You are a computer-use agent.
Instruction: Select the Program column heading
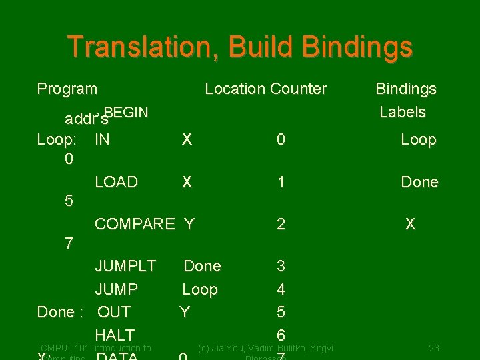point(67,89)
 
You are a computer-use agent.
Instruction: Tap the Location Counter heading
point(265,89)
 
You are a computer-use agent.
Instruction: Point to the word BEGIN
point(126,111)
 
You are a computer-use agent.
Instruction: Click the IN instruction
point(103,139)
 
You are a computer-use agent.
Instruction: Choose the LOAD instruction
point(116,182)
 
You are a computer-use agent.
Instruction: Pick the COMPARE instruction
point(134,224)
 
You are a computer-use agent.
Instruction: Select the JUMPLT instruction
point(125,266)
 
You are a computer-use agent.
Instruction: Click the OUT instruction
point(114,312)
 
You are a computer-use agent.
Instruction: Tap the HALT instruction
point(115,335)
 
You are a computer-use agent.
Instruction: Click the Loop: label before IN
point(57,139)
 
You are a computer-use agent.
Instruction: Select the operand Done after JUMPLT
point(202,266)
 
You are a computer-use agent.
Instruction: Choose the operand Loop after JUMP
point(200,289)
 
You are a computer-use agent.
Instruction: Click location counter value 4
point(281,289)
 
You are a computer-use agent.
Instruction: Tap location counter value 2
point(281,224)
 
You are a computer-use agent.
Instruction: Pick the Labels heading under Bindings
point(402,112)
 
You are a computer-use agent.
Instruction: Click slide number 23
point(433,347)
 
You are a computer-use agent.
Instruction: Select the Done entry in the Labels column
point(419,182)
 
